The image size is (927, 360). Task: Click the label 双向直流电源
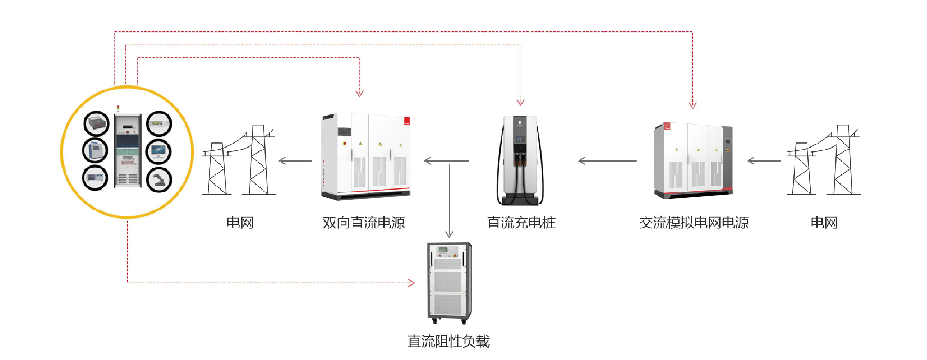(364, 223)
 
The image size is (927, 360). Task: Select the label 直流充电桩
(521, 223)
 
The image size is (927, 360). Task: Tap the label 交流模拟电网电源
(694, 223)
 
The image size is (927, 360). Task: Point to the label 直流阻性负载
(449, 342)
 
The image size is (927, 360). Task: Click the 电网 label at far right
(824, 223)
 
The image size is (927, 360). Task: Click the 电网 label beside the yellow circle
(239, 223)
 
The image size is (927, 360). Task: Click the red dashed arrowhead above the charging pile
(520, 102)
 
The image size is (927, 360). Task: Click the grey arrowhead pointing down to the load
(449, 234)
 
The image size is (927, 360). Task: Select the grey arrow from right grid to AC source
(764, 161)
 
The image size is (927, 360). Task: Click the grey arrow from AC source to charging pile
(607, 161)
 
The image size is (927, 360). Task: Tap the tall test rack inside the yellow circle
(128, 150)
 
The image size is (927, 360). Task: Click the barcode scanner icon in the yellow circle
(159, 180)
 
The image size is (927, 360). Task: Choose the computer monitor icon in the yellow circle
(159, 151)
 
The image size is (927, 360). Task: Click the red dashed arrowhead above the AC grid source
(692, 105)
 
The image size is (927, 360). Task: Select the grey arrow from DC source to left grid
(295, 161)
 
